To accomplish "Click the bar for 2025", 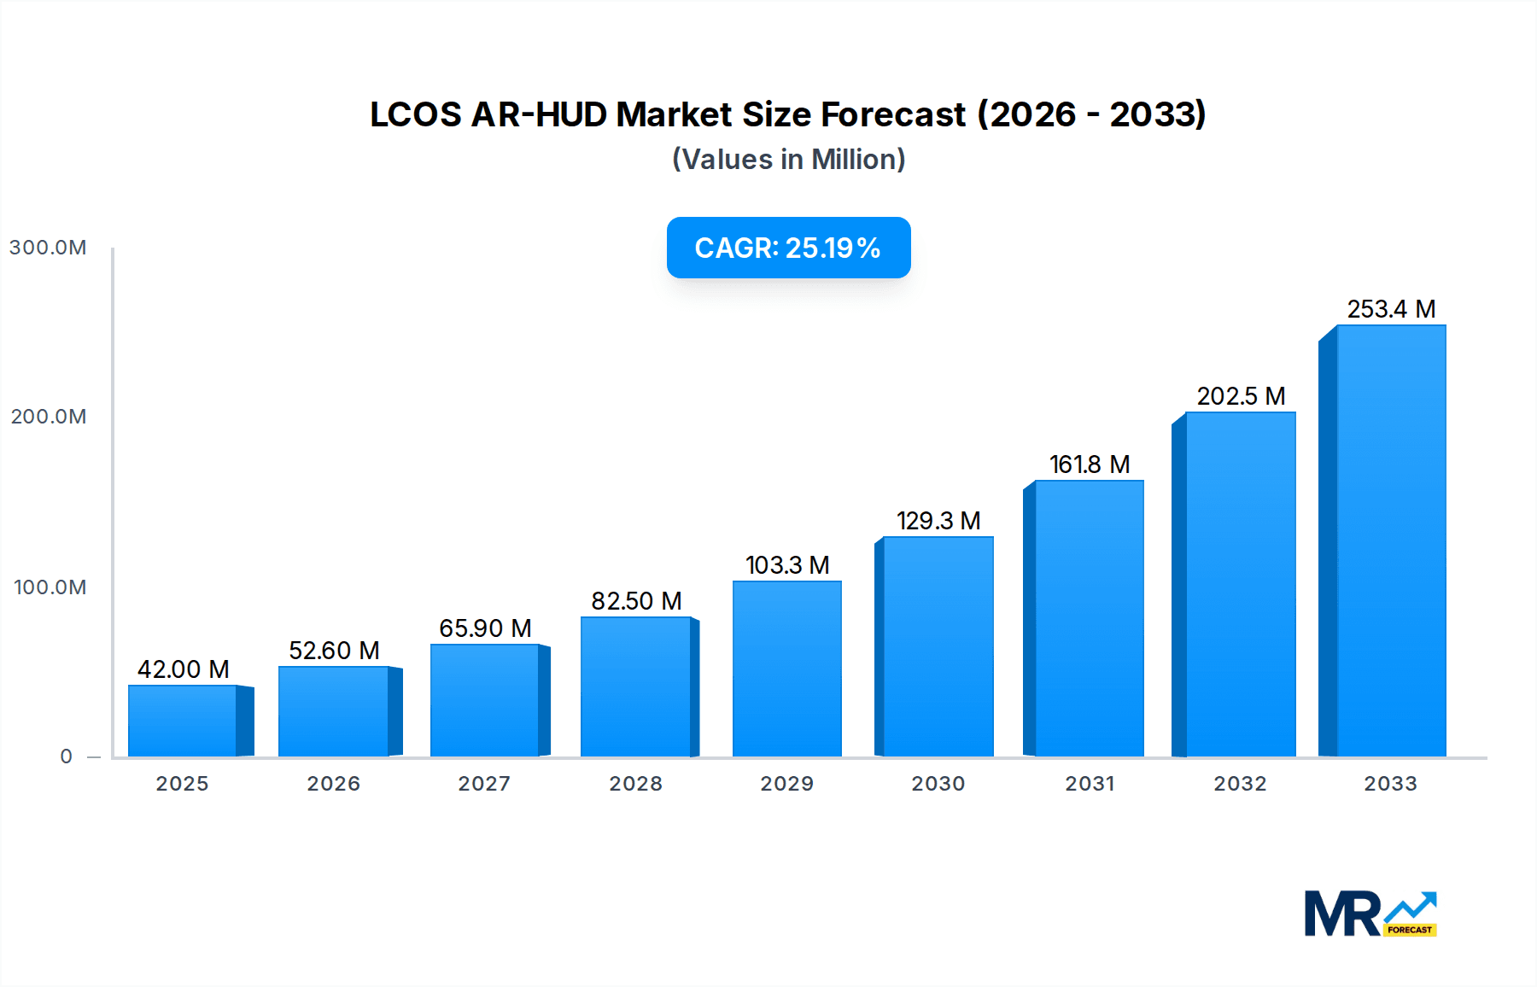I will click(x=183, y=721).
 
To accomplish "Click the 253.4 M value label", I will click(x=1391, y=309).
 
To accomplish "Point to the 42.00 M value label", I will click(x=183, y=669).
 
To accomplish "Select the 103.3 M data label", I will click(x=787, y=565).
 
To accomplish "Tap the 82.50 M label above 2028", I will click(x=636, y=601).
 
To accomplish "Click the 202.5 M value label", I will click(x=1241, y=396).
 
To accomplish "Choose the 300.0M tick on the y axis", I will click(x=48, y=248).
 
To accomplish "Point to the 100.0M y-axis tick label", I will click(x=50, y=587).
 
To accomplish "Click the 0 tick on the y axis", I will click(x=66, y=756).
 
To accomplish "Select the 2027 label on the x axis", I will click(x=484, y=784).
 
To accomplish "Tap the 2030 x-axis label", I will click(x=938, y=784).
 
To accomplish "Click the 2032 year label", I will click(x=1240, y=784).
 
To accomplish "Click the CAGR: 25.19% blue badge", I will click(x=788, y=248).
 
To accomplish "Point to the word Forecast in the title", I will click(x=892, y=114).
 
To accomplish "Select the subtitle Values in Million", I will click(x=788, y=160).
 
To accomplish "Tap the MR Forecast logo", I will click(x=1370, y=914).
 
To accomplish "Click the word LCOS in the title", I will click(x=415, y=114).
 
